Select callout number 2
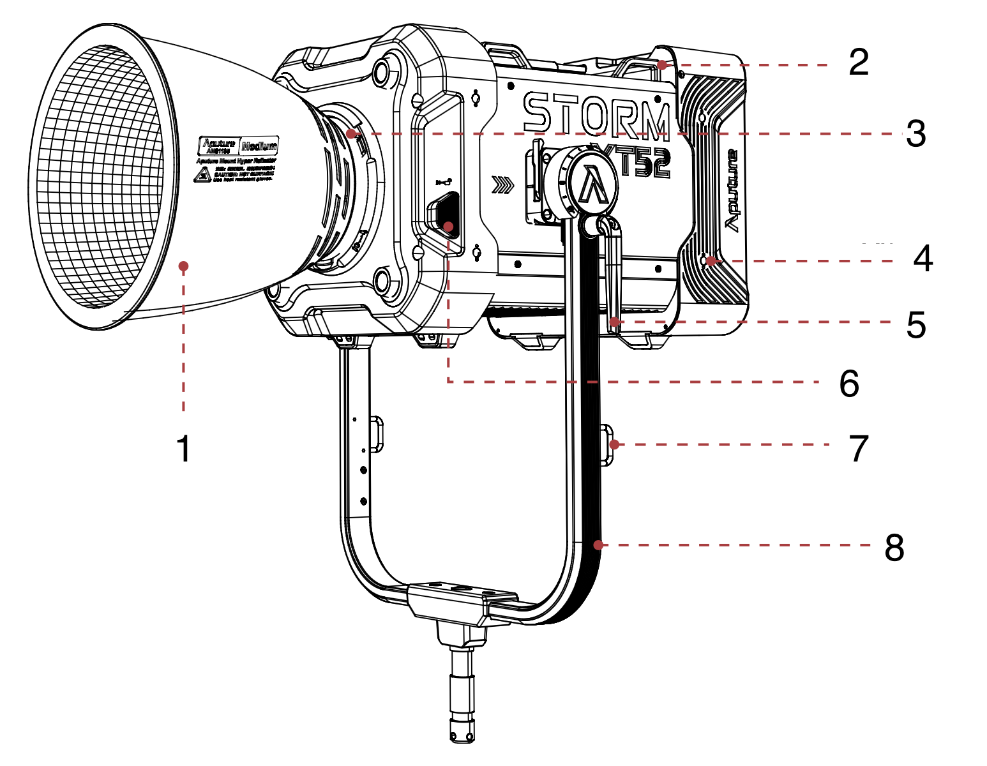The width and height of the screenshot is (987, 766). coord(859,63)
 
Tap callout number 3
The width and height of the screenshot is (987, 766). coord(915,134)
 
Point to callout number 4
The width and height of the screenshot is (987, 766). coord(923,259)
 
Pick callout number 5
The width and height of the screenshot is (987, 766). coord(915,325)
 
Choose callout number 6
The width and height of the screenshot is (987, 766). coord(848,384)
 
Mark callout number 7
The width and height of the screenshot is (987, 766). coord(859,448)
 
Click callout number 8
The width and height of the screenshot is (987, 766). coord(894,547)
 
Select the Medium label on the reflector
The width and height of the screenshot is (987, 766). coord(259,146)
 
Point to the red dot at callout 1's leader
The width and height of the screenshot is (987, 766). coord(184,266)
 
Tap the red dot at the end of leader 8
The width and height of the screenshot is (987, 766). coord(598,544)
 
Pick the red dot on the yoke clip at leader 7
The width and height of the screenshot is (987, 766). coord(614,444)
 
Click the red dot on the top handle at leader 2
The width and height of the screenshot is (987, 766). coord(663,64)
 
